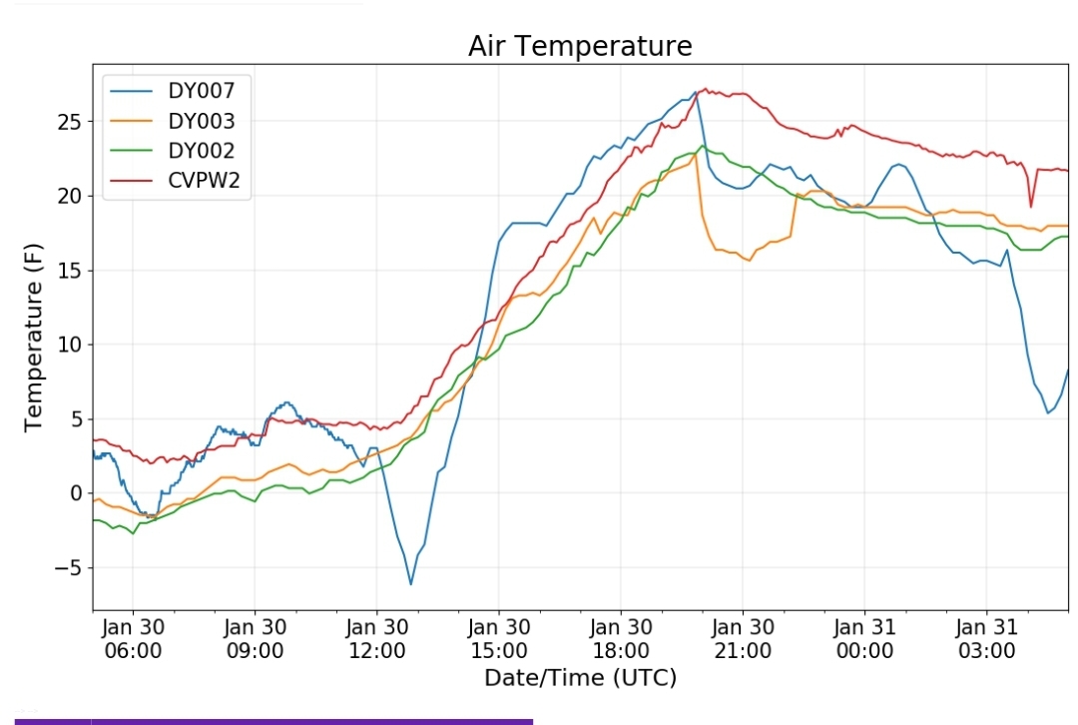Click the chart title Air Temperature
point(579,46)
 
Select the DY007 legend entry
point(201,91)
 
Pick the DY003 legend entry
point(201,122)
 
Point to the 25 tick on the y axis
point(71,122)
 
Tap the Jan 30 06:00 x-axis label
point(133,639)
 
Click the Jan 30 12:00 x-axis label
point(377,639)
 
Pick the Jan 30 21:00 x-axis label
point(743,639)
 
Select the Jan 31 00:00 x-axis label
point(864,639)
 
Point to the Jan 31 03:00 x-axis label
point(986,639)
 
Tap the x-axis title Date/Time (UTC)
point(580,678)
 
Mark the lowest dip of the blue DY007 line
point(410,583)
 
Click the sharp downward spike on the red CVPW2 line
point(1031,206)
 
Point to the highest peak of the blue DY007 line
point(695,93)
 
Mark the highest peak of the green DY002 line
point(703,146)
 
